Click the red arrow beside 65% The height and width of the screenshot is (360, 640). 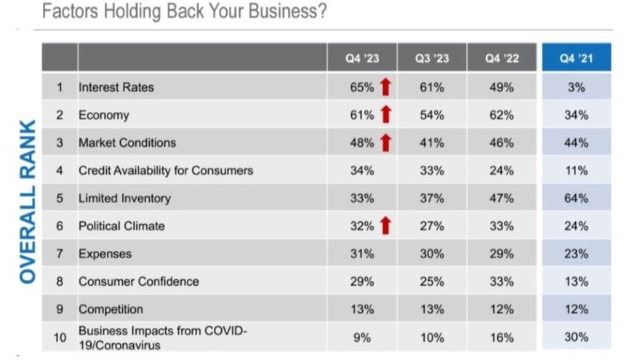coord(385,87)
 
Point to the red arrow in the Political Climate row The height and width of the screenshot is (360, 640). coord(385,226)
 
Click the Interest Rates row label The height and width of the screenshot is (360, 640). coord(116,87)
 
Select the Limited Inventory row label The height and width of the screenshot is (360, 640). coord(124,199)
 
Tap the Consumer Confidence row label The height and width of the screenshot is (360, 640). coord(138,281)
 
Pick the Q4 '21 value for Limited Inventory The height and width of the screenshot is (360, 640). coord(575,199)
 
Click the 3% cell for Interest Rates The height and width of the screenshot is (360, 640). coord(576,87)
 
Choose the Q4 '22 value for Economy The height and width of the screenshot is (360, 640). coord(502,115)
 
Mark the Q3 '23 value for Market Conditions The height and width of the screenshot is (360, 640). coord(432,143)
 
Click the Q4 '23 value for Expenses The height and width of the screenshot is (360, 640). coord(361,254)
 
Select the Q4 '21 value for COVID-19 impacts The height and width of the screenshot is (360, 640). coord(575,337)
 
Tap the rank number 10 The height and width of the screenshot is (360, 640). coord(60,337)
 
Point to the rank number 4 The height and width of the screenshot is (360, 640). coord(60,171)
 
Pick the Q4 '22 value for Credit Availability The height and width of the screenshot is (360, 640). coord(502,171)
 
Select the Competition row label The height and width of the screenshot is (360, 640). coord(111,309)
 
